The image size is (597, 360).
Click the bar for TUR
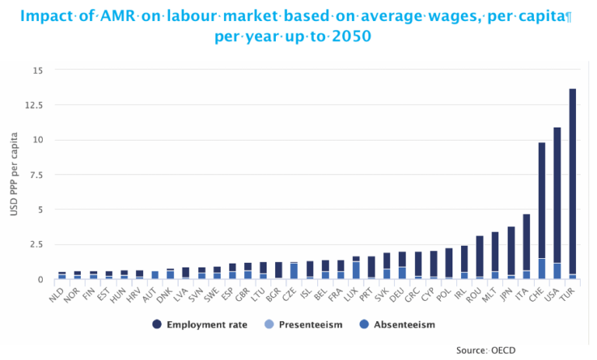tap(573, 183)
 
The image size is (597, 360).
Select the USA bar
tap(557, 202)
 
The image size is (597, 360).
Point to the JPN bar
tap(511, 253)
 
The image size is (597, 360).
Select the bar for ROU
tap(480, 257)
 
